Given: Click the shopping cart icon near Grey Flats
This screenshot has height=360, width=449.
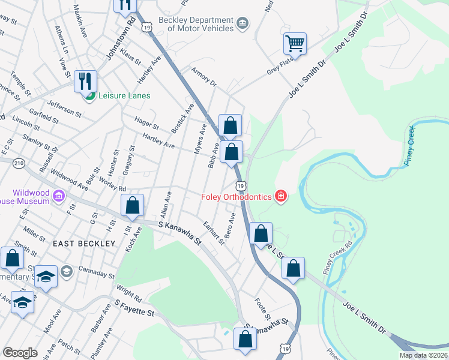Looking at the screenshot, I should click(x=295, y=43).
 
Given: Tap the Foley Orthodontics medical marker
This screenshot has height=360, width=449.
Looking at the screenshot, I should click(x=280, y=196).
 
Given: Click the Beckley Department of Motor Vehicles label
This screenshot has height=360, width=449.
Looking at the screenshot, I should click(x=196, y=24).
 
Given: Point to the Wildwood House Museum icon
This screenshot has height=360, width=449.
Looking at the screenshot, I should click(x=59, y=196).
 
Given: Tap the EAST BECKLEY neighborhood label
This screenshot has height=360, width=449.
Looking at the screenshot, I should click(x=83, y=244).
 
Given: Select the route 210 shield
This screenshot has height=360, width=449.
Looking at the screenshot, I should click(x=19, y=163).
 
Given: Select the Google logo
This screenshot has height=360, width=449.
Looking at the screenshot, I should click(x=20, y=353).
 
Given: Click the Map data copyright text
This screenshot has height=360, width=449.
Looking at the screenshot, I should click(x=423, y=355).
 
